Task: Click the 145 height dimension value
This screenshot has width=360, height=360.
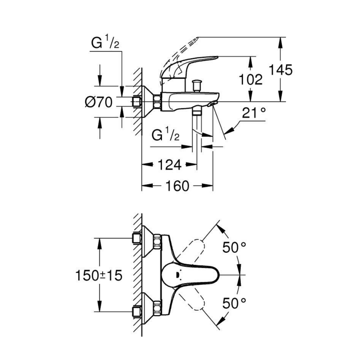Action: (x=281, y=70)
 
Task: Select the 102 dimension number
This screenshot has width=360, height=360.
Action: (x=251, y=79)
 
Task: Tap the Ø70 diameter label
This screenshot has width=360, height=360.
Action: (x=98, y=102)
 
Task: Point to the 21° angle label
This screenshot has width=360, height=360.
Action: (x=254, y=113)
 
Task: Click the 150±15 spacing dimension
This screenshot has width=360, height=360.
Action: (x=98, y=275)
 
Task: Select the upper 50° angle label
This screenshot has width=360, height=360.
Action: (x=234, y=247)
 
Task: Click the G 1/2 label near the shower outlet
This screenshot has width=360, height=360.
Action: (x=165, y=135)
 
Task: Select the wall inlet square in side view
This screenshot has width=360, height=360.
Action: (x=136, y=102)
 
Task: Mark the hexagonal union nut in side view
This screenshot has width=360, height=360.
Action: (x=157, y=102)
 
